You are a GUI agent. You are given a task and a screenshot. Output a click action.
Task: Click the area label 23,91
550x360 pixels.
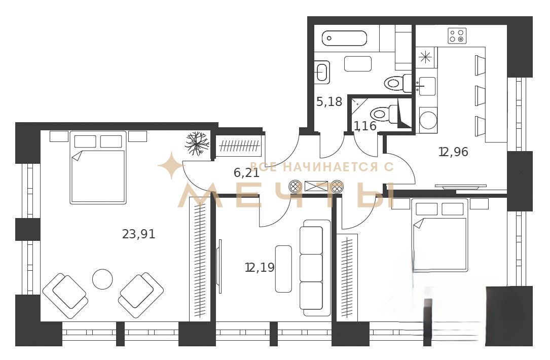(x=138, y=234)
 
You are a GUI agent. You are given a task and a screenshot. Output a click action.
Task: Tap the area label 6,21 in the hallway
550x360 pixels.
(x=246, y=172)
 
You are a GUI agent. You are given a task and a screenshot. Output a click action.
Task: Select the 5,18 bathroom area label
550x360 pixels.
(x=329, y=102)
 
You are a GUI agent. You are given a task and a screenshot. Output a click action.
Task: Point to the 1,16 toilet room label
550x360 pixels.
(x=365, y=126)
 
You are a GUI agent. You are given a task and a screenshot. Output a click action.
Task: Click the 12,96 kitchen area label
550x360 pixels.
(x=454, y=152)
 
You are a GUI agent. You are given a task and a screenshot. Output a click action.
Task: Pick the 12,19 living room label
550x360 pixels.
(x=260, y=268)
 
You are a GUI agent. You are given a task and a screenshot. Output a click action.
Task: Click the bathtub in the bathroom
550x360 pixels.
(x=345, y=38)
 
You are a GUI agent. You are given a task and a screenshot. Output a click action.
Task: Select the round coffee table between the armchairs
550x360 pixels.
(x=102, y=279)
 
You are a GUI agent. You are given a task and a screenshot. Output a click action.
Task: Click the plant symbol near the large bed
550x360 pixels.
(x=197, y=143)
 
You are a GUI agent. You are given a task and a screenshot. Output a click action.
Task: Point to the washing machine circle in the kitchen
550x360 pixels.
(x=428, y=120)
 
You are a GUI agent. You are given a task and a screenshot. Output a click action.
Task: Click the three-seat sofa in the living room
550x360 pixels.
(x=315, y=268)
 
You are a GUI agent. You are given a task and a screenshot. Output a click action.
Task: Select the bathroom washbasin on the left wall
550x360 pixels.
(x=322, y=72)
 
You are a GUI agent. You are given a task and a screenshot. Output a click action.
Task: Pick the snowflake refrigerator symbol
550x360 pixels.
(x=425, y=57)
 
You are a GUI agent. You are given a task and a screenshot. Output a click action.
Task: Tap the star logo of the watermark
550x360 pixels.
(x=171, y=165)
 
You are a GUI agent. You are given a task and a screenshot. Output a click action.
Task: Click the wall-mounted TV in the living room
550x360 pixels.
(x=220, y=266)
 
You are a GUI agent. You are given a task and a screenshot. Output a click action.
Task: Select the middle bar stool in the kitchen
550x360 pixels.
(x=480, y=95)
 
